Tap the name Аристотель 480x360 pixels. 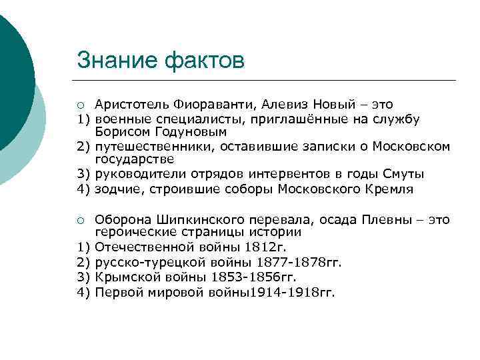[131, 104]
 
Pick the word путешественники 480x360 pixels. [151, 146]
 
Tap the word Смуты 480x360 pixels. [403, 174]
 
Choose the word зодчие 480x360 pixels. [115, 189]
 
